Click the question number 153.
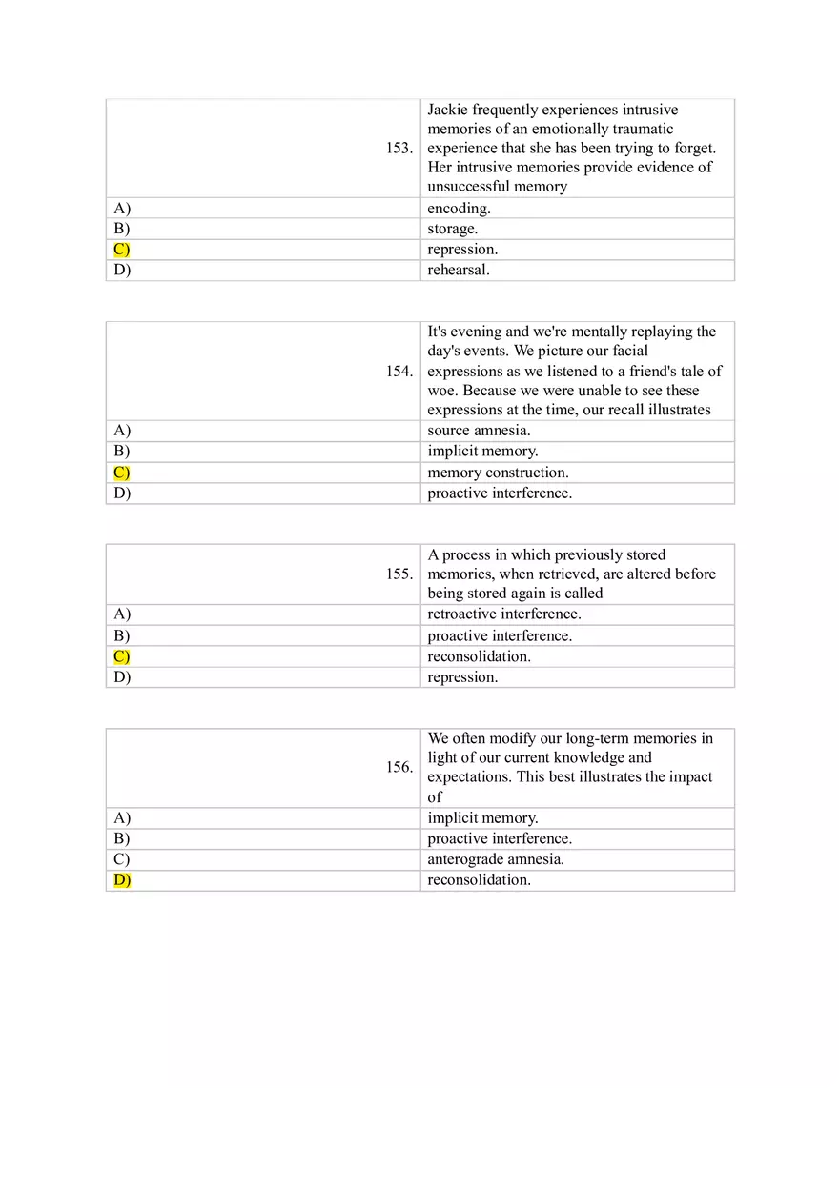click(399, 149)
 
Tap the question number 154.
click(399, 372)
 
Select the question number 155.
click(399, 574)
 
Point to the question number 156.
click(399, 768)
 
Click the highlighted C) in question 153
click(121, 250)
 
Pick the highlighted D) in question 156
click(122, 880)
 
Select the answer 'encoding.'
click(459, 209)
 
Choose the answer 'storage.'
click(452, 229)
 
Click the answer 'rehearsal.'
click(459, 270)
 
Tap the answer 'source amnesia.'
click(479, 431)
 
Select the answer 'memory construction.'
click(498, 473)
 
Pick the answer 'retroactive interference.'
click(503, 614)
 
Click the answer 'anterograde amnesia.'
click(496, 859)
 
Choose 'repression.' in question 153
click(462, 250)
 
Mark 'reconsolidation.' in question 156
click(479, 880)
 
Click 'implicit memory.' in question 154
click(482, 452)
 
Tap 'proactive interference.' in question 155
click(500, 635)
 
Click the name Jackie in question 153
click(447, 111)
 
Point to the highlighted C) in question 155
click(121, 656)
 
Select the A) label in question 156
click(122, 818)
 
